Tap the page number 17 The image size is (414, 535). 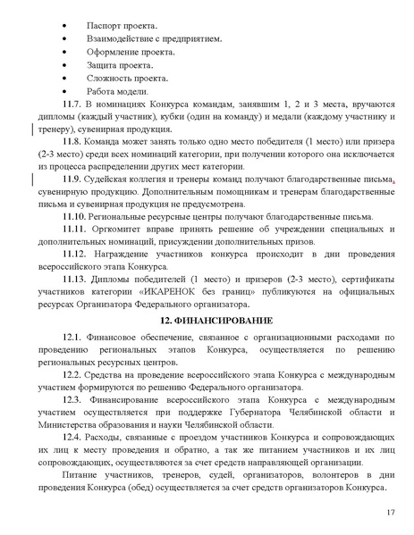point(390,512)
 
